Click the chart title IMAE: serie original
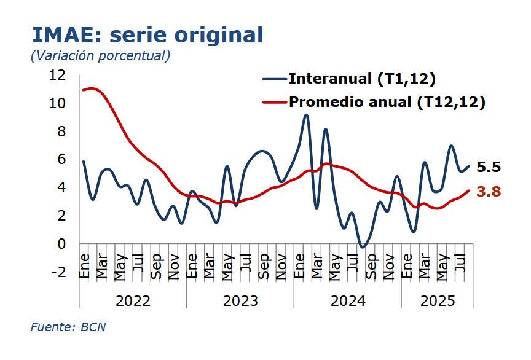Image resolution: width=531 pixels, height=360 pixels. click(147, 34)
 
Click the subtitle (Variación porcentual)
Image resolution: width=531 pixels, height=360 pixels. click(100, 55)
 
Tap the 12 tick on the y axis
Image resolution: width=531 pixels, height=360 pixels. click(57, 75)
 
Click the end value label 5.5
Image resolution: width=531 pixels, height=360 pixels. click(489, 167)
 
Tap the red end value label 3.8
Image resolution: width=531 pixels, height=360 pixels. click(489, 192)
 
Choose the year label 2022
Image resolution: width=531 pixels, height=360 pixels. click(133, 301)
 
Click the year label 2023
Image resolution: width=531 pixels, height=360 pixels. click(240, 301)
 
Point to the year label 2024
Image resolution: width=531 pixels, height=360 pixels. click(348, 301)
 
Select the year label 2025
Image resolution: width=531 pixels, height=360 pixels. click(438, 301)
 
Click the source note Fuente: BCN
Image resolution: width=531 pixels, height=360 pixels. click(68, 327)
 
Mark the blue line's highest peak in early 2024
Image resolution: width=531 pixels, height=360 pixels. click(306, 115)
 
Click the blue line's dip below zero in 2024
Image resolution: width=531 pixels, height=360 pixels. click(362, 247)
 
